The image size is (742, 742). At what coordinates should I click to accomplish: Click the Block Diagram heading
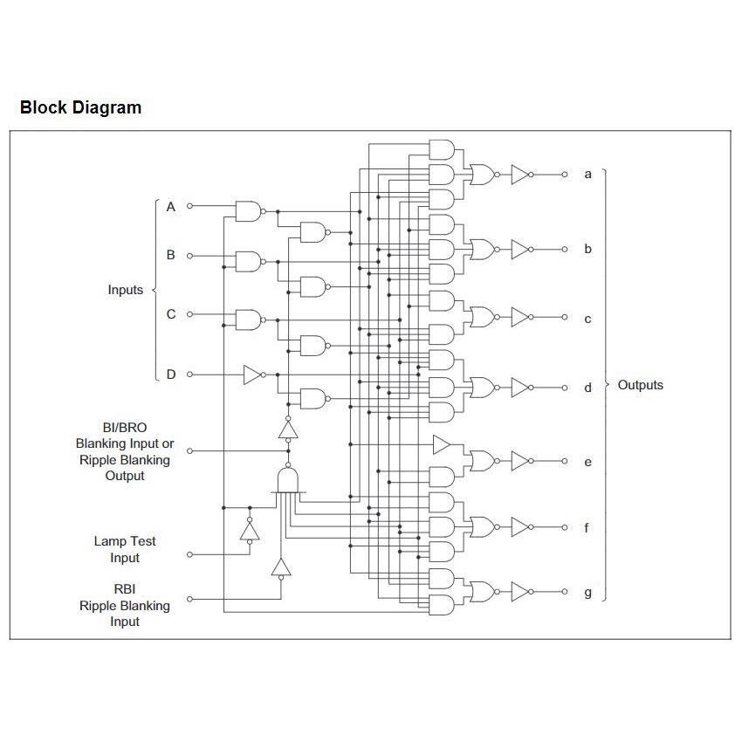[x=80, y=108]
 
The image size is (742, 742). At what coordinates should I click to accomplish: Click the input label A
[x=171, y=207]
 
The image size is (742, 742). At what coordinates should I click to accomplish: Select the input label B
[x=171, y=256]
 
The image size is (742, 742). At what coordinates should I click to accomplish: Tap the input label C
[x=171, y=314]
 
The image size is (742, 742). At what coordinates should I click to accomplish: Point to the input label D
[x=171, y=374]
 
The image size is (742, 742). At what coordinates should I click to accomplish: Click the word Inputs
[x=125, y=290]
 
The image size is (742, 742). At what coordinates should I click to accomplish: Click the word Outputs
[x=640, y=385]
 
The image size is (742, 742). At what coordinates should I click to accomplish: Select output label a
[x=587, y=175]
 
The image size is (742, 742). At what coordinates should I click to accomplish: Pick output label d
[x=587, y=388]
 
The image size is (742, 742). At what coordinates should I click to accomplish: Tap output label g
[x=587, y=594]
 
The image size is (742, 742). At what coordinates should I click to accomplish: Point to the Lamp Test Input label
[x=125, y=549]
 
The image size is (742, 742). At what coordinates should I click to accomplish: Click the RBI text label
[x=125, y=589]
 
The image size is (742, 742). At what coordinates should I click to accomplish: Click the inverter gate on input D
[x=253, y=374]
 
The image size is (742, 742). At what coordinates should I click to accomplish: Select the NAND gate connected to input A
[x=248, y=210]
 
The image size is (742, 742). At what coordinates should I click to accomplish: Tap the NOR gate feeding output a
[x=481, y=175]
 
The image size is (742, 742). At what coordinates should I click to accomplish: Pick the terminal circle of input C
[x=190, y=314]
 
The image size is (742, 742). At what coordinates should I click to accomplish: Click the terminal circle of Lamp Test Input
[x=190, y=553]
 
